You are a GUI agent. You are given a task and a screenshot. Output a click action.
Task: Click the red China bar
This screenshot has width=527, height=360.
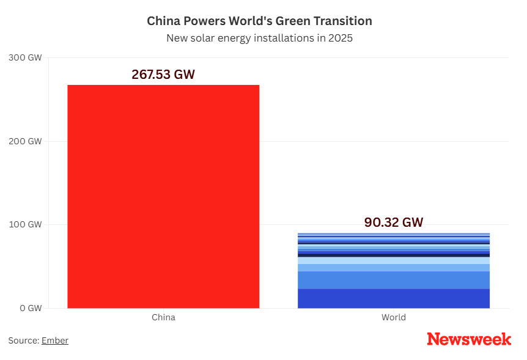point(163,196)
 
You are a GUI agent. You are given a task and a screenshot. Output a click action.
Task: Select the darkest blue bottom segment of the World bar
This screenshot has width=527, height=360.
point(393,298)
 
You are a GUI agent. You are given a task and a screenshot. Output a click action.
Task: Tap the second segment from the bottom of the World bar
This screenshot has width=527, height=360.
point(393,280)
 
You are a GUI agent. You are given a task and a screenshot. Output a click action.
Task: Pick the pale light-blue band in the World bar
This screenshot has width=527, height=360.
point(393,260)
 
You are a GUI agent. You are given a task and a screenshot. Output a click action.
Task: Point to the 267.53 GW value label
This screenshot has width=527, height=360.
point(163,75)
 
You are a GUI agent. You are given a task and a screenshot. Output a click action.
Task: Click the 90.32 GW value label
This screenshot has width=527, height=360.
point(393,222)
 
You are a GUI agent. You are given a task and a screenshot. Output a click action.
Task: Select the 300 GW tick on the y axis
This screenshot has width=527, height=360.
point(26,58)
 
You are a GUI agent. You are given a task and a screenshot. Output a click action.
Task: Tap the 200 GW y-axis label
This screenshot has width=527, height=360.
point(26,141)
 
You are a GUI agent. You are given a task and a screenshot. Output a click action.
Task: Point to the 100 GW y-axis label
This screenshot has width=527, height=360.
point(26,224)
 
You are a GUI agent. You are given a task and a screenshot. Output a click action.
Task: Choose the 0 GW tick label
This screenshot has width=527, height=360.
point(29,308)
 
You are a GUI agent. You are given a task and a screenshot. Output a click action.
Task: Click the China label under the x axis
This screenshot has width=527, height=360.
point(163,317)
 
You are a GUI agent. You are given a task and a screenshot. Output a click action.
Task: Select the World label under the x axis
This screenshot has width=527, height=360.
point(393,317)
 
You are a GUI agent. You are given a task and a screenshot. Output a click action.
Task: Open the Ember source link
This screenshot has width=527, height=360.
point(55,340)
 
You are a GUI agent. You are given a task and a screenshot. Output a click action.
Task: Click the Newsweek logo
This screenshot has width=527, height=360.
point(469,339)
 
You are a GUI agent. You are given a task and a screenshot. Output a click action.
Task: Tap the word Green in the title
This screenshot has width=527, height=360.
point(293,21)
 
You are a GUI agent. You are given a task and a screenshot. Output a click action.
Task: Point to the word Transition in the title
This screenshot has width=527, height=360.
point(342,21)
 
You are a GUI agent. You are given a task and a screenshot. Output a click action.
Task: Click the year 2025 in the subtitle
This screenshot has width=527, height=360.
point(340,38)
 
